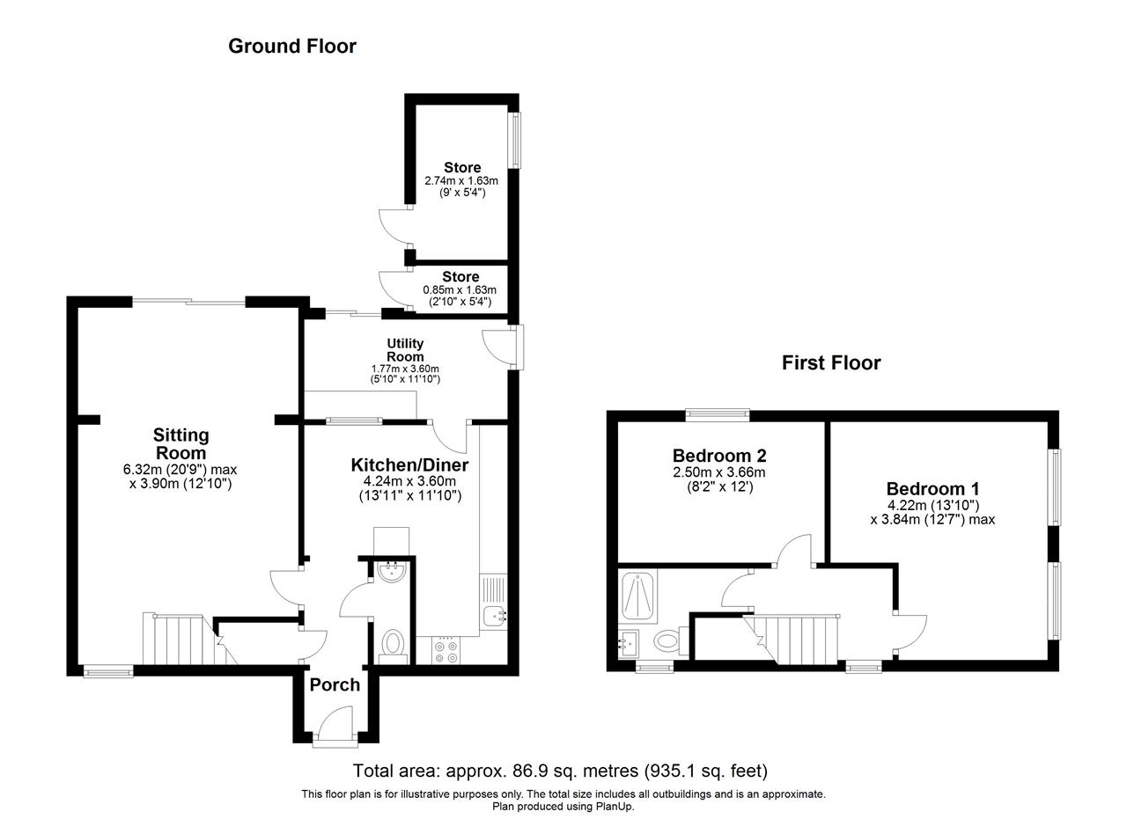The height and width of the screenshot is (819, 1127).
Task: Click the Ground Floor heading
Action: [292, 47]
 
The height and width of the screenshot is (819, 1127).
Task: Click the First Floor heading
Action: [831, 363]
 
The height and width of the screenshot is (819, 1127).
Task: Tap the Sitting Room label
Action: [181, 444]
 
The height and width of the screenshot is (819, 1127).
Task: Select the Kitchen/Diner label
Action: [409, 465]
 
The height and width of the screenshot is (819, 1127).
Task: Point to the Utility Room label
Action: [405, 350]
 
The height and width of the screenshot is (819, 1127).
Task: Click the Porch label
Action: [335, 684]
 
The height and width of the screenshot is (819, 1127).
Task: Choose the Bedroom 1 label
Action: [932, 489]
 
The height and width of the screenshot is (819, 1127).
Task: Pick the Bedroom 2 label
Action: [719, 456]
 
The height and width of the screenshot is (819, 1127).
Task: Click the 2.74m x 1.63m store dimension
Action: [461, 180]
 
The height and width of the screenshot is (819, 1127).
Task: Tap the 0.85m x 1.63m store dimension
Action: [460, 290]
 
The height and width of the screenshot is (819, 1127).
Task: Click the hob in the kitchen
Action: [446, 650]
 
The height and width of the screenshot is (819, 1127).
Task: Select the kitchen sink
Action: [494, 603]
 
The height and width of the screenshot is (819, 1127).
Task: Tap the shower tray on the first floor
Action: [637, 596]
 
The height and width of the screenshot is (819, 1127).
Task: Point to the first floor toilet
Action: [671, 640]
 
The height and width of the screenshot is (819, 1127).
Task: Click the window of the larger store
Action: [516, 140]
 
